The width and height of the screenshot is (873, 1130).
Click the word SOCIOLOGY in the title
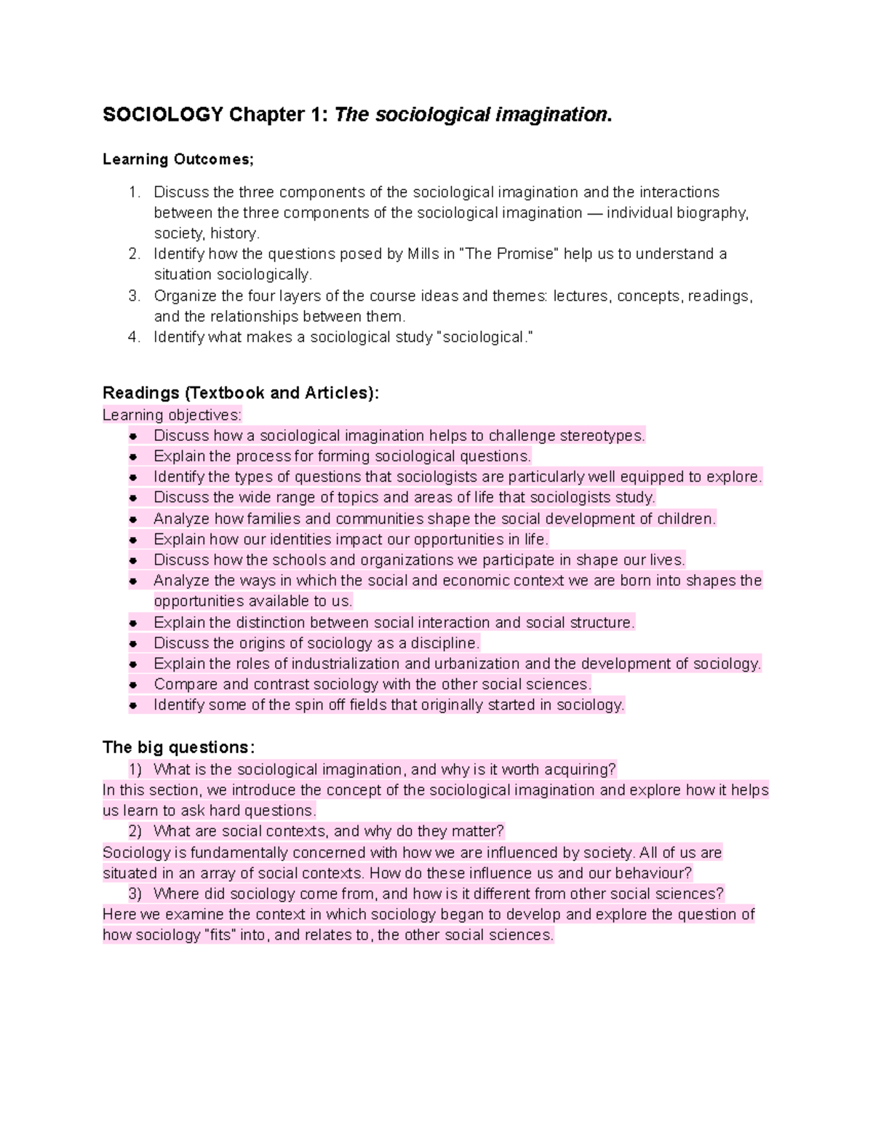pos(162,115)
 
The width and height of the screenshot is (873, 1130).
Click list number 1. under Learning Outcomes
pos(134,192)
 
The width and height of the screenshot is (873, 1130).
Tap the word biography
pos(711,213)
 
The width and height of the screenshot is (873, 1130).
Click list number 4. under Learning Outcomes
pos(134,338)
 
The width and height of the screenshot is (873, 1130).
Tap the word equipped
pos(656,477)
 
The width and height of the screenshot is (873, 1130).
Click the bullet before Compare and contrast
pos(133,685)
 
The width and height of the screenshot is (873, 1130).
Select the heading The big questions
pos(178,747)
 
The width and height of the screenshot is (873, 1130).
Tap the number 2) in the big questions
pos(135,832)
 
